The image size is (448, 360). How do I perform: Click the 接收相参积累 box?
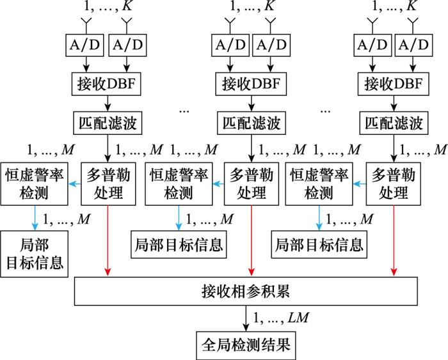(246, 291)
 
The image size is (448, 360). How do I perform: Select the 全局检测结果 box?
(246, 345)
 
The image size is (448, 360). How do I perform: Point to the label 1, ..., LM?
(281, 318)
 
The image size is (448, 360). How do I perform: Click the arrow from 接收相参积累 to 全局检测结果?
(246, 318)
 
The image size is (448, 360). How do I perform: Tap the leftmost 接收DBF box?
(106, 84)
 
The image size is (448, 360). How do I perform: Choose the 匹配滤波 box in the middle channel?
(252, 123)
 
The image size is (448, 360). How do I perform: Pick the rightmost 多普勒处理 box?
(394, 184)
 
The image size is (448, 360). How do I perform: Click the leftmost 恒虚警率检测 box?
(35, 184)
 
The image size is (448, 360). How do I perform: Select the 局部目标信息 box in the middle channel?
(179, 245)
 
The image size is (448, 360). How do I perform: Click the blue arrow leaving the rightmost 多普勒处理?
(360, 184)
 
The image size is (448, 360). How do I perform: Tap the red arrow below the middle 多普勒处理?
(252, 240)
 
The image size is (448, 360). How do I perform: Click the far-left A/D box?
(85, 45)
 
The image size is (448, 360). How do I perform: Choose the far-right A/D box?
(413, 45)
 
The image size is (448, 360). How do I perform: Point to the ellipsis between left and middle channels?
(184, 111)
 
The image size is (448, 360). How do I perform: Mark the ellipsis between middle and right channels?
(325, 111)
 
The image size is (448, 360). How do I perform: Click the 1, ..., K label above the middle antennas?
(252, 6)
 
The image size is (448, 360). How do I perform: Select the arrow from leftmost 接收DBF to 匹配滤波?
(108, 104)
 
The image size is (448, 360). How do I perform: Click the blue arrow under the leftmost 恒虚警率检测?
(35, 218)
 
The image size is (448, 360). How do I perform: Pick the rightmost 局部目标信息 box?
(319, 245)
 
